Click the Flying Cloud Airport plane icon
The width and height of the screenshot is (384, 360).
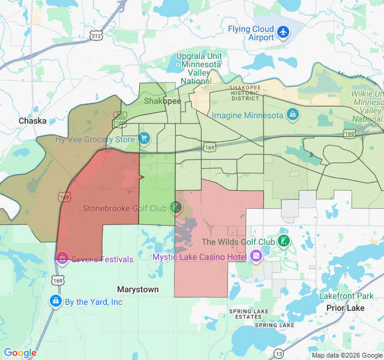click(x=283, y=32)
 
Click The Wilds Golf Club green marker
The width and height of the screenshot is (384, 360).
click(x=284, y=242)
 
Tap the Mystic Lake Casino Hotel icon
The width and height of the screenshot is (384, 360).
click(x=256, y=257)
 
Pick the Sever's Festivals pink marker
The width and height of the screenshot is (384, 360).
click(x=62, y=259)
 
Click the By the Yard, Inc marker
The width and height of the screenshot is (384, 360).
click(x=55, y=301)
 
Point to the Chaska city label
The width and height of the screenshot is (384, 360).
click(x=32, y=121)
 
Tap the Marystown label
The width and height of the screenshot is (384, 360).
click(x=138, y=289)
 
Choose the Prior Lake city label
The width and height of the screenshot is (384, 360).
click(x=345, y=308)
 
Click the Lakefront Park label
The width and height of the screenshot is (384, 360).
click(x=346, y=296)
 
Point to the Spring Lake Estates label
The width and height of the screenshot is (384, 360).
click(x=248, y=314)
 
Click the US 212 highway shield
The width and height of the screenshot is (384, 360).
click(x=96, y=36)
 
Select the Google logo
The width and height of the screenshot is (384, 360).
click(x=20, y=353)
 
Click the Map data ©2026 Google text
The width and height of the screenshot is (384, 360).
click(x=346, y=355)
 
